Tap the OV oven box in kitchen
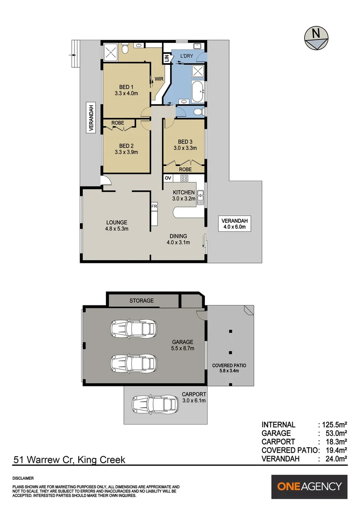click(168, 178)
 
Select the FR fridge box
click(154, 207)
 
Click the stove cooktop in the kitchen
click(184, 178)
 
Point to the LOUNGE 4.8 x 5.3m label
click(117, 226)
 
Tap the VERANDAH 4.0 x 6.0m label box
click(234, 223)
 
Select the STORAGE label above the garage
click(141, 301)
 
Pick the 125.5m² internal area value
click(334, 425)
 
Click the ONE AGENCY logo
click(309, 486)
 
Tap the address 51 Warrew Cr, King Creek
click(69, 460)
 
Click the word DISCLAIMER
click(24, 478)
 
